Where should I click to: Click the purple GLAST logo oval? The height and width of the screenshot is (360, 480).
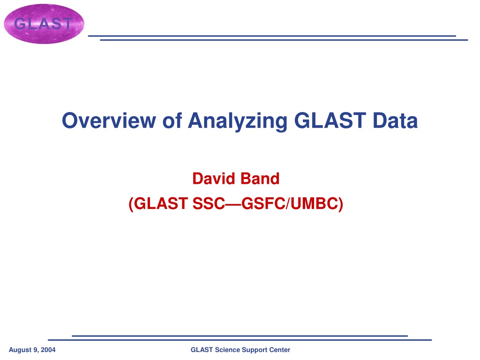pyautogui.click(x=44, y=24)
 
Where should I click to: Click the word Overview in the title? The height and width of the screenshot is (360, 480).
pyautogui.click(x=109, y=120)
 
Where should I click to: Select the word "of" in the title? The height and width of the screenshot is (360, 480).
pyautogui.click(x=172, y=120)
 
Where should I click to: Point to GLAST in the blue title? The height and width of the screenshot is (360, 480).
pyautogui.click(x=330, y=120)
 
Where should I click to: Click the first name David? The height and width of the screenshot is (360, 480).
pyautogui.click(x=214, y=179)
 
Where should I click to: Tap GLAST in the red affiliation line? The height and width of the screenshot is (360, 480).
pyautogui.click(x=161, y=203)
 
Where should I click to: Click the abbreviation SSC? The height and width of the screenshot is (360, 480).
pyautogui.click(x=209, y=203)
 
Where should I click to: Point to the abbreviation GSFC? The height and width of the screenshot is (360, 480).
pyautogui.click(x=263, y=203)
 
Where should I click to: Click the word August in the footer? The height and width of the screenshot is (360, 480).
pyautogui.click(x=20, y=350)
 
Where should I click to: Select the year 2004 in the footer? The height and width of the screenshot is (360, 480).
pyautogui.click(x=48, y=350)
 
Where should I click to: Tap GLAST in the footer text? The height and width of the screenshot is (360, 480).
pyautogui.click(x=202, y=350)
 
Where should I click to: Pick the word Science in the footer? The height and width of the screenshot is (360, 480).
pyautogui.click(x=227, y=350)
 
